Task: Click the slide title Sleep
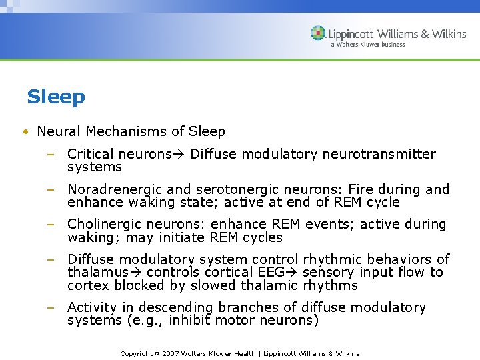pos(56,97)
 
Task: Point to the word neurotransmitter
pos(379,155)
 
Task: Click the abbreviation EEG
pos(275,273)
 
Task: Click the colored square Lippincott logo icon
pos(318,33)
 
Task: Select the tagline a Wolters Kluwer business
pos(367,45)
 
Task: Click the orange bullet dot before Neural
pos(25,132)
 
